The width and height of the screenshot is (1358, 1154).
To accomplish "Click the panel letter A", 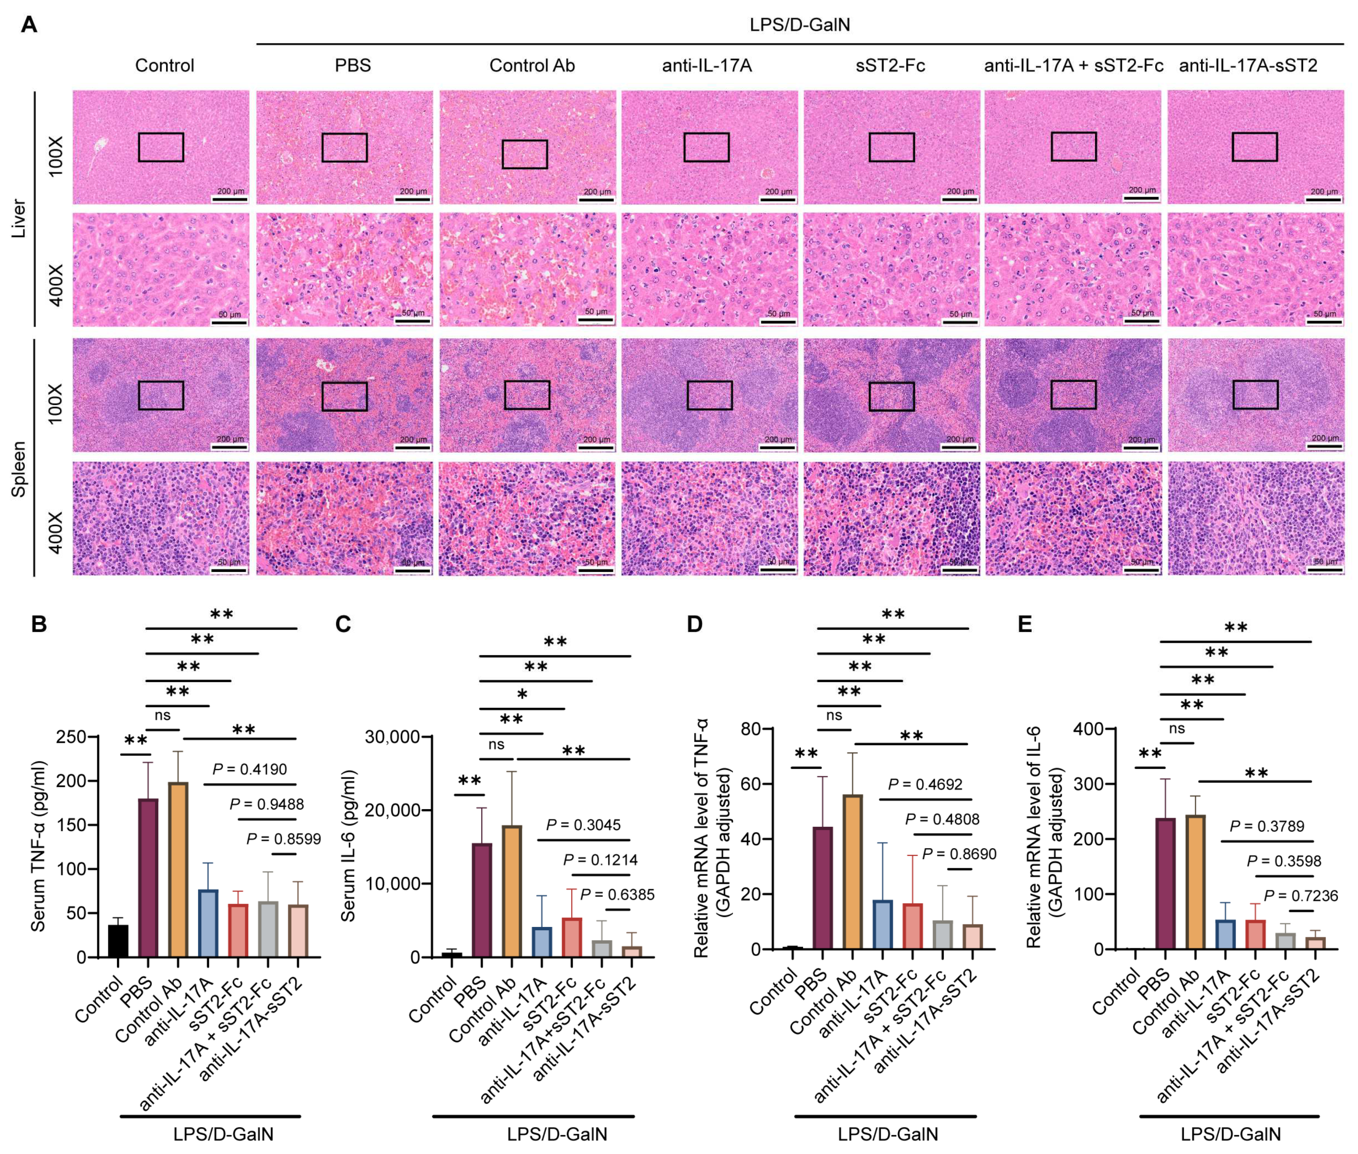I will click(29, 25).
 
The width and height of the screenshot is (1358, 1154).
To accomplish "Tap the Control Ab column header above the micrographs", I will click(532, 65).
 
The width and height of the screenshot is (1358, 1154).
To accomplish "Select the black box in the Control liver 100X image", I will click(161, 147).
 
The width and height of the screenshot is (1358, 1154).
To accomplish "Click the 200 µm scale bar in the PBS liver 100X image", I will click(413, 198).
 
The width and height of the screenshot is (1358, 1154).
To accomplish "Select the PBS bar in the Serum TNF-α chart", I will click(148, 877).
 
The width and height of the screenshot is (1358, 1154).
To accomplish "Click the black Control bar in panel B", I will click(118, 941).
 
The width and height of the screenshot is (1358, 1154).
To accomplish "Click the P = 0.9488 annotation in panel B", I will click(266, 804).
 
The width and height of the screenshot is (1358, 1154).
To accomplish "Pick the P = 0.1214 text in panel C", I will click(600, 860).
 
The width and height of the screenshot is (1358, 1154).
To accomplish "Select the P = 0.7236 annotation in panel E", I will click(1300, 895).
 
